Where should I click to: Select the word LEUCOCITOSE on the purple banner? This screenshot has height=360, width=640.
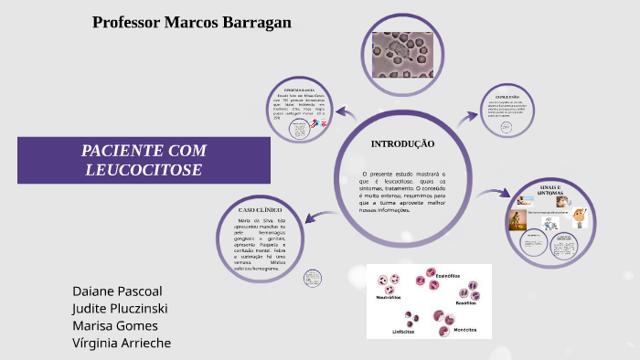144,170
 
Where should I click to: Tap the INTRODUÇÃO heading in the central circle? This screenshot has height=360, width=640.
402,144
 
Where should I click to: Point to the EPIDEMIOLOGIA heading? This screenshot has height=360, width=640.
300,90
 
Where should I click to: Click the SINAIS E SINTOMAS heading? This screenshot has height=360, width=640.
549,189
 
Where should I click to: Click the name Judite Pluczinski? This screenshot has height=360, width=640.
120,309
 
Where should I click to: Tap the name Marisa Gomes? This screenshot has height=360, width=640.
115,326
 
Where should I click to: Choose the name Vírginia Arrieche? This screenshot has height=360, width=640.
122,344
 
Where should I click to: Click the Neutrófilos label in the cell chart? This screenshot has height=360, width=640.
389,297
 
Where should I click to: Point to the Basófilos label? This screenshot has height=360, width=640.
466,302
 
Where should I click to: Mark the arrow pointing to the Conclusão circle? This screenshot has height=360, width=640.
469,116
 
